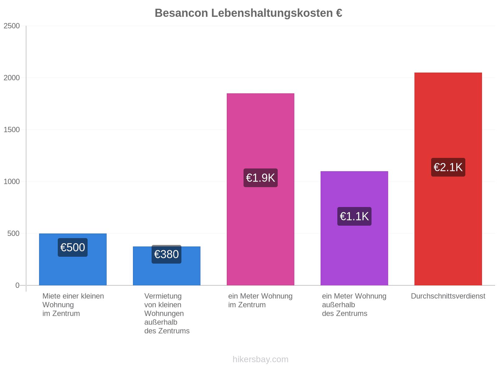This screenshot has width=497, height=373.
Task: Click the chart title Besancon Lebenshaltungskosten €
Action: tap(248, 13)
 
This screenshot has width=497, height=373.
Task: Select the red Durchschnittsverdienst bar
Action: tap(448, 179)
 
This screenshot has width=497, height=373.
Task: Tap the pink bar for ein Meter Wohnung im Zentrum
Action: tap(260, 189)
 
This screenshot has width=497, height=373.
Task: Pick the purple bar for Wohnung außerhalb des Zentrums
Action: tap(354, 228)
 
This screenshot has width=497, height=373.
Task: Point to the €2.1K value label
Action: tap(448, 167)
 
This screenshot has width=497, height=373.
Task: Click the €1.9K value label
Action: tap(260, 178)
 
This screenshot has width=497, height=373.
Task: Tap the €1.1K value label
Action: tap(354, 216)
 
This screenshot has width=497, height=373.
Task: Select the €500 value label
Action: tap(73, 247)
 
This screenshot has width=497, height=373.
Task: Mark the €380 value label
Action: tap(166, 254)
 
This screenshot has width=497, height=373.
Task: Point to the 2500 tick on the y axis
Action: tap(11, 26)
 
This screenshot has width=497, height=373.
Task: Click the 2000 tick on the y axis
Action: tap(11, 78)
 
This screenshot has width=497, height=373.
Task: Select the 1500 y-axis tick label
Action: tap(11, 130)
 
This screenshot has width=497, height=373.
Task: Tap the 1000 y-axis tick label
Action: tap(11, 182)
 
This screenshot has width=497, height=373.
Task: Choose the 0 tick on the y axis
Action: tap(17, 285)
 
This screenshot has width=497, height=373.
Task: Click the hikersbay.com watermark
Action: tap(260, 359)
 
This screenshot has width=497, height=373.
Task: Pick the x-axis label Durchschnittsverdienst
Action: tap(448, 296)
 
